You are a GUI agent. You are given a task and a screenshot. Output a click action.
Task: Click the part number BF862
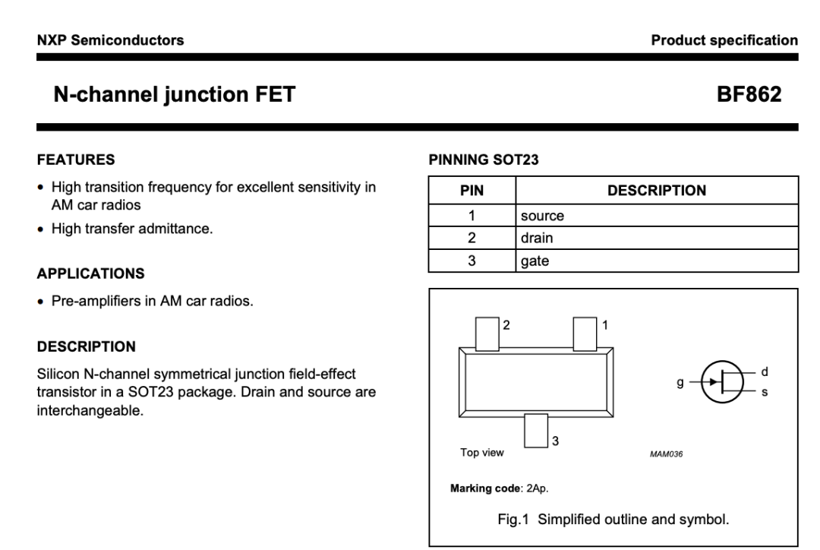[749, 94]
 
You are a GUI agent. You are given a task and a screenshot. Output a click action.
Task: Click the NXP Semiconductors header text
[110, 40]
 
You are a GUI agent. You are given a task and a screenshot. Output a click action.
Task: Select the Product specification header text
[724, 40]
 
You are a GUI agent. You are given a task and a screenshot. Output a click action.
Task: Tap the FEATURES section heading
[76, 160]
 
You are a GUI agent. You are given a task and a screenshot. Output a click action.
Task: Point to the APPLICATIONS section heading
[90, 273]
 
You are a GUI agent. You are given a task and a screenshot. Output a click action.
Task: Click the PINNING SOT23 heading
[483, 160]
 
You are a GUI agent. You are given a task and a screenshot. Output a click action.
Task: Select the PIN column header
[471, 191]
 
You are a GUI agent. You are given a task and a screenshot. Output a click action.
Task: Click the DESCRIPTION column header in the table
[657, 191]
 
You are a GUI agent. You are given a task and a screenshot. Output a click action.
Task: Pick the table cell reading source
[542, 216]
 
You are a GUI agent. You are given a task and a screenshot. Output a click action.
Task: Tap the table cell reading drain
[537, 238]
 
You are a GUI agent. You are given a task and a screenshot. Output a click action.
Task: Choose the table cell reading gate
[535, 261]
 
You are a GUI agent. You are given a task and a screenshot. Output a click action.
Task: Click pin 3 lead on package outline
[536, 431]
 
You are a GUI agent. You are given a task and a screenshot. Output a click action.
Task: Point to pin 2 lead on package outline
[487, 333]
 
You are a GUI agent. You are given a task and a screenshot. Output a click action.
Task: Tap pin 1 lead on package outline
[585, 333]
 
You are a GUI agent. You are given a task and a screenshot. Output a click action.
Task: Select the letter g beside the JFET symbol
[680, 383]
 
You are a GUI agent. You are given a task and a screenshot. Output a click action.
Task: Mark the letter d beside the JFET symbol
[765, 371]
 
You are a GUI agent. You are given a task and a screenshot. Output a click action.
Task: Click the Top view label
[481, 453]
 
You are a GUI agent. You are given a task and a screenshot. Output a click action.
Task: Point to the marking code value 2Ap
[538, 488]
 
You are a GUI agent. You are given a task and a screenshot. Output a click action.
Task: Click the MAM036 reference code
[667, 454]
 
